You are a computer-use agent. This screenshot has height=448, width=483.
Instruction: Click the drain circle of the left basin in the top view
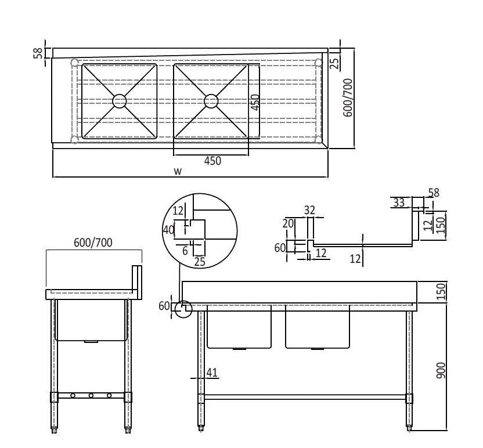click(119, 101)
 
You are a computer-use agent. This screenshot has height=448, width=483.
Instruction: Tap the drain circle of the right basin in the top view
click(211, 101)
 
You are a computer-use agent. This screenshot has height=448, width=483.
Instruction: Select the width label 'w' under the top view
click(178, 171)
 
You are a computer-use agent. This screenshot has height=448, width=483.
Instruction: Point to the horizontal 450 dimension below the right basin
click(212, 161)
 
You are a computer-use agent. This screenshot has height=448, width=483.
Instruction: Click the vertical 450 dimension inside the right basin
click(255, 103)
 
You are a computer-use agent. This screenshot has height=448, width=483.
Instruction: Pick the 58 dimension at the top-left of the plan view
click(38, 53)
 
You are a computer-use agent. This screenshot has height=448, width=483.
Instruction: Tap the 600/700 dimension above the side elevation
click(93, 243)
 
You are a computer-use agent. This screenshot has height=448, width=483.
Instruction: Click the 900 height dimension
click(441, 372)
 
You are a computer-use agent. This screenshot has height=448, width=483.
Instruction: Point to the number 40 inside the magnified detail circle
click(169, 229)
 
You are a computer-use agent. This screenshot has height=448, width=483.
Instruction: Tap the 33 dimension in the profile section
click(399, 203)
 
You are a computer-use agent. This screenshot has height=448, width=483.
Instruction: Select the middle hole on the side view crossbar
click(91, 396)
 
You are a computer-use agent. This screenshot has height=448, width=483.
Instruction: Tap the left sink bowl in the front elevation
click(239, 327)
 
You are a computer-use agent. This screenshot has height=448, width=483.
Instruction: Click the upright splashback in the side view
click(137, 282)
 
